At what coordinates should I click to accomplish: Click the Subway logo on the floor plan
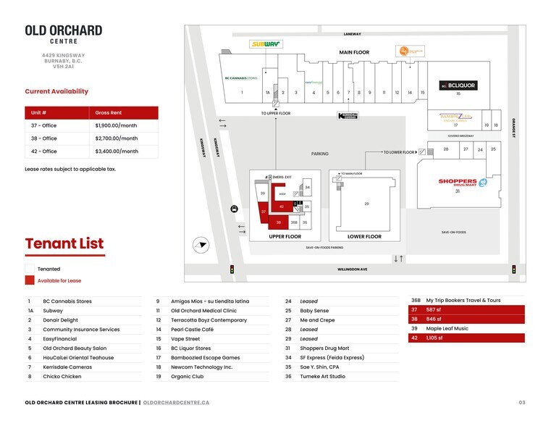coord(266,44)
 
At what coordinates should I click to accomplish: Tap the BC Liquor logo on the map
coord(458,85)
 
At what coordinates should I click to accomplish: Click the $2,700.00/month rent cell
coord(117,138)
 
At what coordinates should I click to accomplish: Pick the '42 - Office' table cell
coord(44,151)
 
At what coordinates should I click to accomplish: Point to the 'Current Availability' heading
coord(56,91)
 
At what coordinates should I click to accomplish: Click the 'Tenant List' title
coord(64,243)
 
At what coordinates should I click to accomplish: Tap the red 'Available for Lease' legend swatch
coord(30,280)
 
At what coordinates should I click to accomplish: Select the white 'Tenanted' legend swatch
coord(30,269)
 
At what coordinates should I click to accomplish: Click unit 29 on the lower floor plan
coord(366,204)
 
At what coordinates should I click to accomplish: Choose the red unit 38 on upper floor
coord(279,222)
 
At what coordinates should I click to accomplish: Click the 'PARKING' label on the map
coord(319,154)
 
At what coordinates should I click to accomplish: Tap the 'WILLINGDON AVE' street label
coord(352,270)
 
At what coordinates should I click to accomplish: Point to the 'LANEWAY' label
coord(352,34)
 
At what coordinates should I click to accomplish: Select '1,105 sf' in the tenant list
coord(434,338)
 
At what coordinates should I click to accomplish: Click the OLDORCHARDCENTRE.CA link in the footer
coord(177,402)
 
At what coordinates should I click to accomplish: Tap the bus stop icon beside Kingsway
coord(234,209)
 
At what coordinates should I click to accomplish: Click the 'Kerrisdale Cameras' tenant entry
coord(67,367)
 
